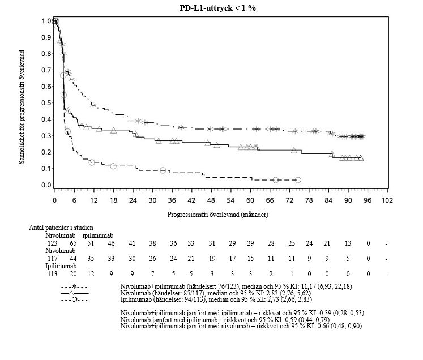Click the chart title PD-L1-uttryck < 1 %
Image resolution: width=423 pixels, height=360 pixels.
214,7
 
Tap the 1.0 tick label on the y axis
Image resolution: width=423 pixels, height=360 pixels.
44,21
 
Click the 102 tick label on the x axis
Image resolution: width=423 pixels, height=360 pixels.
387,200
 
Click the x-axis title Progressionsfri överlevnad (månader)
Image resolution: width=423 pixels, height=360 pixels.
218,215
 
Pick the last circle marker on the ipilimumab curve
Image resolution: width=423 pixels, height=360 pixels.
298,179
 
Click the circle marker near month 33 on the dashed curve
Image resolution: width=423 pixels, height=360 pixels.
163,170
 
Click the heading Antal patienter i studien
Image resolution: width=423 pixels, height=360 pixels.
61,227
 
